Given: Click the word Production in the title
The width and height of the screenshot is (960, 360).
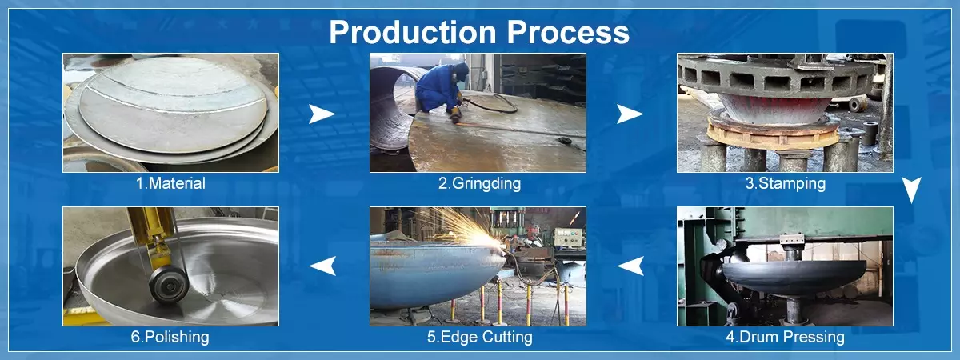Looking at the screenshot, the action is [x=412, y=33].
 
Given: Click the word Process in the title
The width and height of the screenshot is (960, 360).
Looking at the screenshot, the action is [x=568, y=33].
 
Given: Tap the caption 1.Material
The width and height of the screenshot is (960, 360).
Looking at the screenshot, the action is [x=170, y=183].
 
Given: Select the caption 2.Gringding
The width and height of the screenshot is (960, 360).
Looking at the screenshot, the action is [x=479, y=184].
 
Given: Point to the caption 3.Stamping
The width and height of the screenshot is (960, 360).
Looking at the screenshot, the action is [x=785, y=184].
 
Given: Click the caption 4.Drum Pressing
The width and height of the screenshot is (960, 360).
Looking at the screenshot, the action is [x=785, y=337].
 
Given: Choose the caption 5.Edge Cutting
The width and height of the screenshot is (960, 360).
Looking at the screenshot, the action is [x=479, y=337].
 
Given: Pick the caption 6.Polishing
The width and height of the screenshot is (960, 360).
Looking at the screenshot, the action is [x=170, y=337].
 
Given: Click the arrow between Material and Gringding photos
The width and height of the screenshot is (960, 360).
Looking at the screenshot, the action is [x=322, y=114].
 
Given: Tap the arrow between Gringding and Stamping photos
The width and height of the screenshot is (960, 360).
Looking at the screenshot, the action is [x=630, y=114].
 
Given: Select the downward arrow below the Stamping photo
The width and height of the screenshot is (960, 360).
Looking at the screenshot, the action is [x=911, y=190].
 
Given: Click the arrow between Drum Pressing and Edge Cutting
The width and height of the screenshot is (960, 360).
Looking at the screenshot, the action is [x=630, y=266].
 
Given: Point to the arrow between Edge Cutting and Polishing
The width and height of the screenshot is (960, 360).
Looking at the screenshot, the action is [x=322, y=266].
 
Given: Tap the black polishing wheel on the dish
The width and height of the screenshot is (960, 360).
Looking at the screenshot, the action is [x=169, y=285].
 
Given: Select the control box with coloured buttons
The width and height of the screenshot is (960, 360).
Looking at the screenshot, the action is [x=568, y=237].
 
